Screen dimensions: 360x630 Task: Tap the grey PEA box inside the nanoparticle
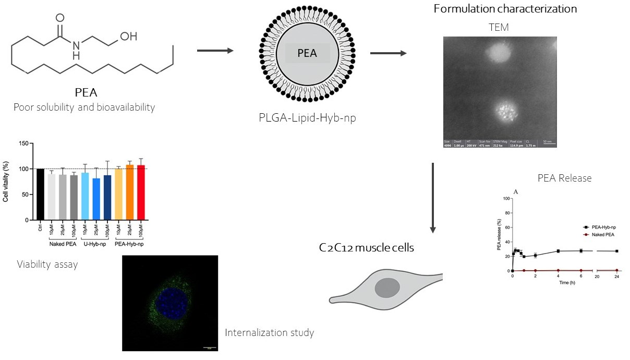click(307, 53)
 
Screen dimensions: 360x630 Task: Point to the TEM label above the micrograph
click(499, 28)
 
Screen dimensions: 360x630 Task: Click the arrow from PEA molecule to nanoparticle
click(215, 51)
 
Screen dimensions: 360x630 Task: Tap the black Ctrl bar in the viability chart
click(40, 194)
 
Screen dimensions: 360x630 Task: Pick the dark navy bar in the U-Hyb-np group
click(107, 197)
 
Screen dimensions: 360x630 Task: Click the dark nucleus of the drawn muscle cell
click(386, 288)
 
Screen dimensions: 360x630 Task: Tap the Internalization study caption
click(269, 332)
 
